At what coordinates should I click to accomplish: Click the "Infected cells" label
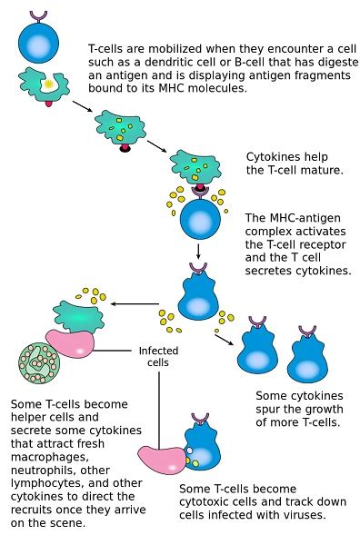point(158,356)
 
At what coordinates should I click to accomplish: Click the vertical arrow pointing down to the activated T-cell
point(197,250)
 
